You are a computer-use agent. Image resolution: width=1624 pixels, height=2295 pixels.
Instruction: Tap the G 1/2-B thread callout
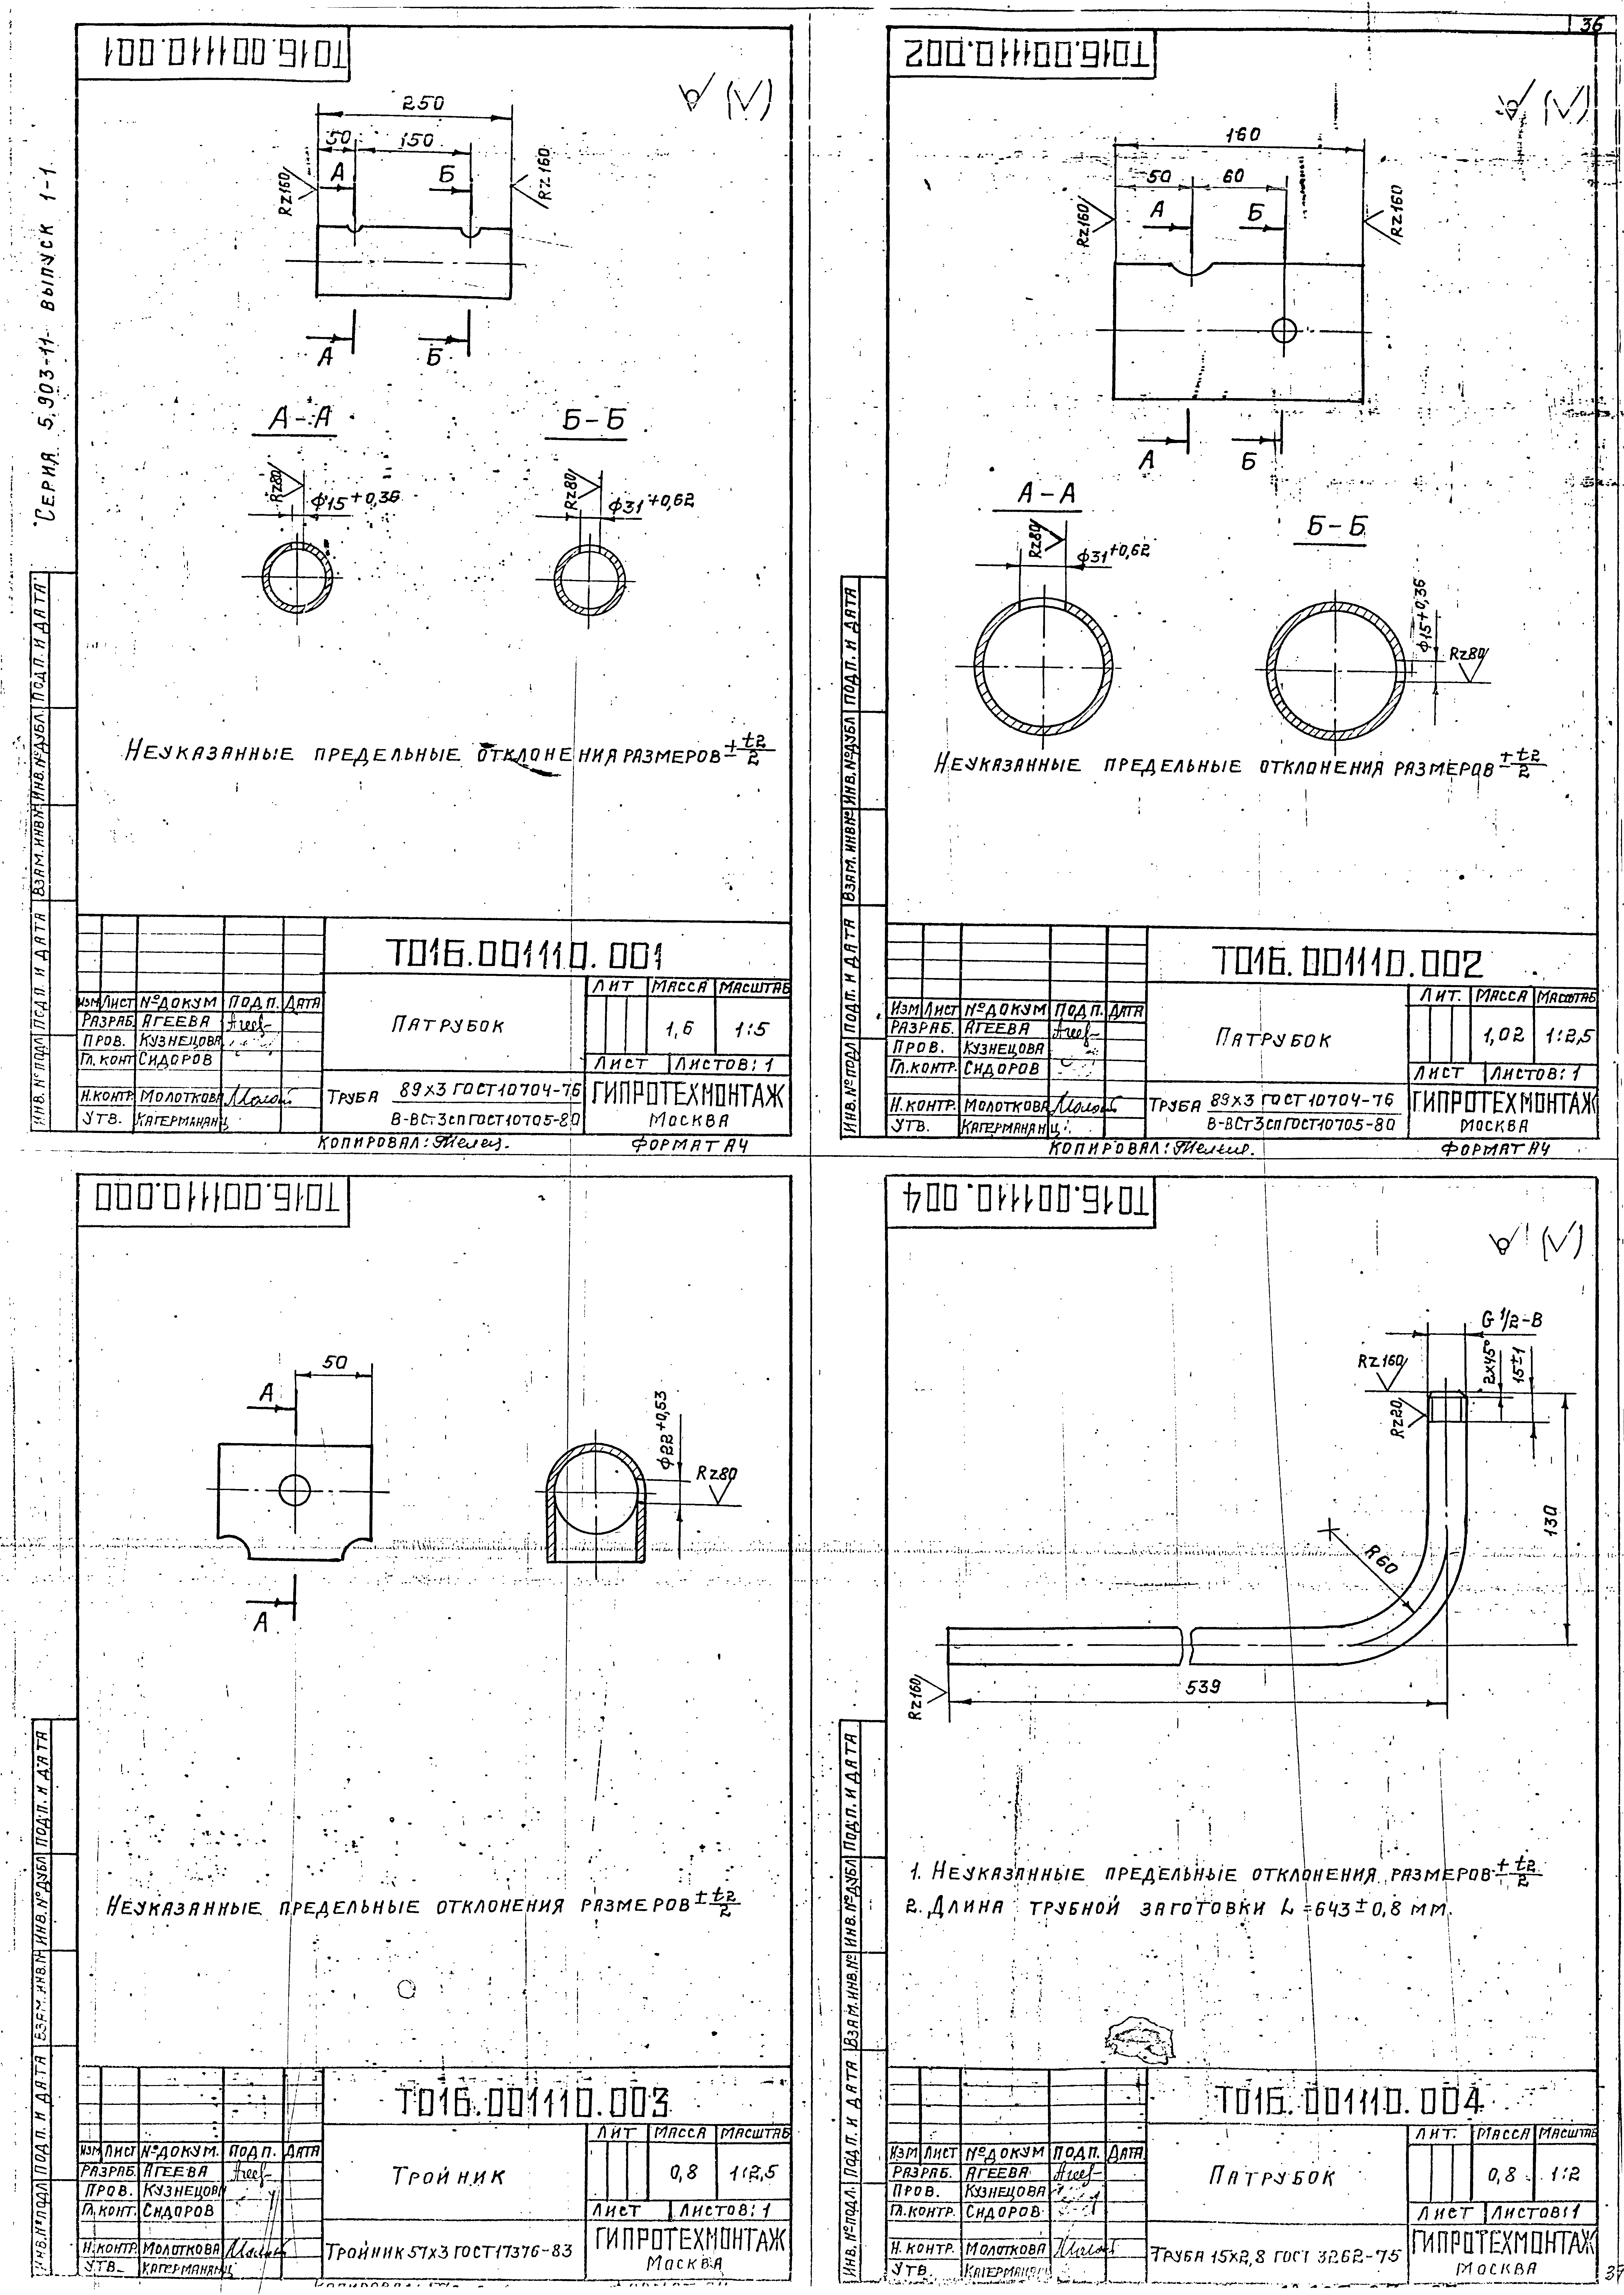click(x=1512, y=1320)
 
